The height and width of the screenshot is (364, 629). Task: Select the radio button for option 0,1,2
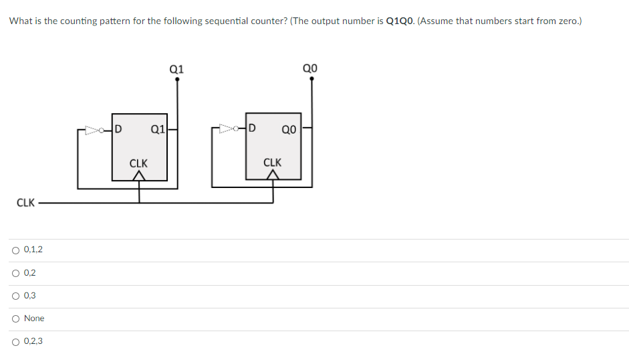point(15,250)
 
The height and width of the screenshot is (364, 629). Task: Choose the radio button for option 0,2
point(15,273)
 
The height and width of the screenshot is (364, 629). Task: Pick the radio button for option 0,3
point(15,296)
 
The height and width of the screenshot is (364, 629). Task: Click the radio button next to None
point(15,318)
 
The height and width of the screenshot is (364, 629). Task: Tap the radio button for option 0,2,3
point(15,341)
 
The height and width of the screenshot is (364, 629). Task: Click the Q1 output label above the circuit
point(176,68)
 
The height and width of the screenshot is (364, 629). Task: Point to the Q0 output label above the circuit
point(310,68)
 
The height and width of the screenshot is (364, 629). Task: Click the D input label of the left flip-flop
point(118,128)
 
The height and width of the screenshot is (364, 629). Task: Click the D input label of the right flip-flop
point(252,128)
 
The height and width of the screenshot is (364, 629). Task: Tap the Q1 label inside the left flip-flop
point(158,129)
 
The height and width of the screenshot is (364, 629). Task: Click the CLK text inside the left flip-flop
point(138,163)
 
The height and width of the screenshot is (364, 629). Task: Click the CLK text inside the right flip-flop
point(273,163)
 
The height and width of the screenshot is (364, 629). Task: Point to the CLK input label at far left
point(25,203)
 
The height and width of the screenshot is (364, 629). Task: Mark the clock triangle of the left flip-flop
point(139,175)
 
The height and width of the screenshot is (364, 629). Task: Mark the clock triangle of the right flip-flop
point(273,175)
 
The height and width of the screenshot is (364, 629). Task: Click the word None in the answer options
point(34,318)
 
